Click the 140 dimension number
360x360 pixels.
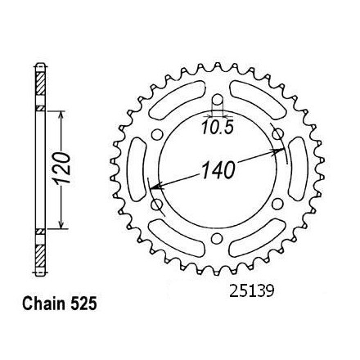218,170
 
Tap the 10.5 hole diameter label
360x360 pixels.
218,128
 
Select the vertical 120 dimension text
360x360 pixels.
61,168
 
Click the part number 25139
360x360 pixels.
251,291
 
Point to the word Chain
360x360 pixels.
44,304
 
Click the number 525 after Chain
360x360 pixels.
83,304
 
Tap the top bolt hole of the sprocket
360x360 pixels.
217,101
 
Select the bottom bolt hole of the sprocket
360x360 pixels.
217,238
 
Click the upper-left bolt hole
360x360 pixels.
157,135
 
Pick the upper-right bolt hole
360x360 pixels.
277,134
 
